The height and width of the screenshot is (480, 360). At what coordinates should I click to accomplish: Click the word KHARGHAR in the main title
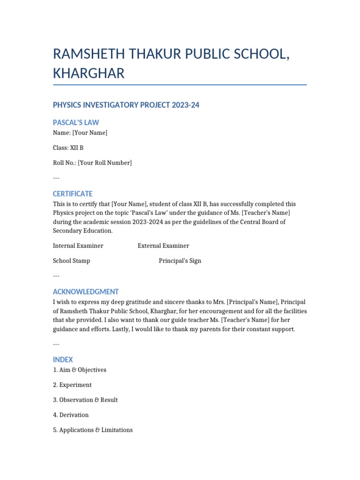tap(89, 74)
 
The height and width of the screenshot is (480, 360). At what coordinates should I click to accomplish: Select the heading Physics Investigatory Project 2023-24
tap(126, 105)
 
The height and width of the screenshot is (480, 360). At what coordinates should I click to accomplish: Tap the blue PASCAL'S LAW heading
tap(76, 122)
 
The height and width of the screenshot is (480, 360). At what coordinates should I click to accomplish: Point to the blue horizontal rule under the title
tap(180, 85)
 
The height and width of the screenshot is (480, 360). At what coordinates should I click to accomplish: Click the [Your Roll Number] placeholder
tap(105, 163)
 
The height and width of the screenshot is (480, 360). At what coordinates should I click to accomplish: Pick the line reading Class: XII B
tap(68, 148)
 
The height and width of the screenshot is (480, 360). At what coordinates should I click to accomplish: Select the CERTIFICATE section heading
tap(73, 194)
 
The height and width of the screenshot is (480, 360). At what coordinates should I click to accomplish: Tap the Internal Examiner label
tap(78, 246)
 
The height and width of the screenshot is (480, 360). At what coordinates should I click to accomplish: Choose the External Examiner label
tap(163, 246)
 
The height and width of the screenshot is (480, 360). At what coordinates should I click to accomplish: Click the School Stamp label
tap(71, 261)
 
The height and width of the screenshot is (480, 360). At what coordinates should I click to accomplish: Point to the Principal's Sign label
tap(180, 261)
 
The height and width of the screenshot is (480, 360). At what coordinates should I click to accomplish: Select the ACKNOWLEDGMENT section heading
tap(86, 292)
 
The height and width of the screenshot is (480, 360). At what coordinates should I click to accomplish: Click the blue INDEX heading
tap(63, 360)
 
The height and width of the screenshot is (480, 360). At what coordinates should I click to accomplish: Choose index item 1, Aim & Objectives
tap(80, 370)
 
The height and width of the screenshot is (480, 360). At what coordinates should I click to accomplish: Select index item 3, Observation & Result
tap(85, 400)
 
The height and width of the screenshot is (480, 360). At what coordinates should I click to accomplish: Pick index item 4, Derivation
tap(71, 415)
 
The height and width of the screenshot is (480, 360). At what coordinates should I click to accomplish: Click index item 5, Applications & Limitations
tap(93, 430)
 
